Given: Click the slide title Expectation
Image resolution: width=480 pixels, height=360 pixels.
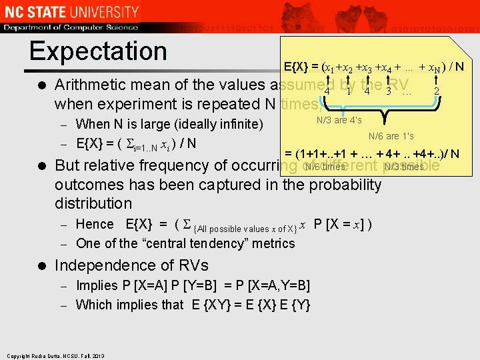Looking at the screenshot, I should pyautogui.click(x=98, y=51).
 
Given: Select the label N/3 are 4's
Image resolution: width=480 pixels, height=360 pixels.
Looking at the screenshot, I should pyautogui.click(x=339, y=120).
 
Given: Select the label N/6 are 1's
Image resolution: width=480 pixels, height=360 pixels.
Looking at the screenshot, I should pyautogui.click(x=391, y=136).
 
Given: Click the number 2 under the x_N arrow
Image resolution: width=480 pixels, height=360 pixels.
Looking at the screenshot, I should pyautogui.click(x=436, y=91).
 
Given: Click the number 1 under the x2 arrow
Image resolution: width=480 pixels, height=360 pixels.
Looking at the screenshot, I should pyautogui.click(x=349, y=91).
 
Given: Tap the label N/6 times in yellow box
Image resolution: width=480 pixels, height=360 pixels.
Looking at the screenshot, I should pyautogui.click(x=325, y=167).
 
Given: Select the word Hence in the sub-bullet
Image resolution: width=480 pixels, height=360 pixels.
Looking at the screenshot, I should pyautogui.click(x=95, y=224).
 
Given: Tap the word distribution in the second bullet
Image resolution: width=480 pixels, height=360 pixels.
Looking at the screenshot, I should pyautogui.click(x=93, y=203).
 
